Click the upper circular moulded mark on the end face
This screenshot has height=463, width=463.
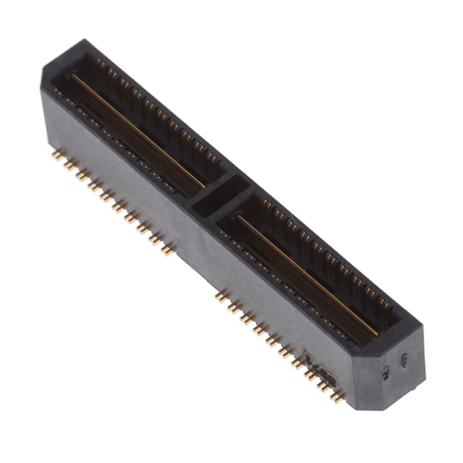click(x=404, y=360)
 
